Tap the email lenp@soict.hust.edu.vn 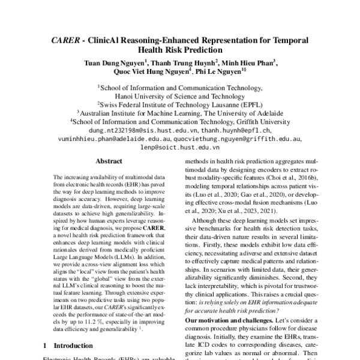coord(180,146)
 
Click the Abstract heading coord(109,162)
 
